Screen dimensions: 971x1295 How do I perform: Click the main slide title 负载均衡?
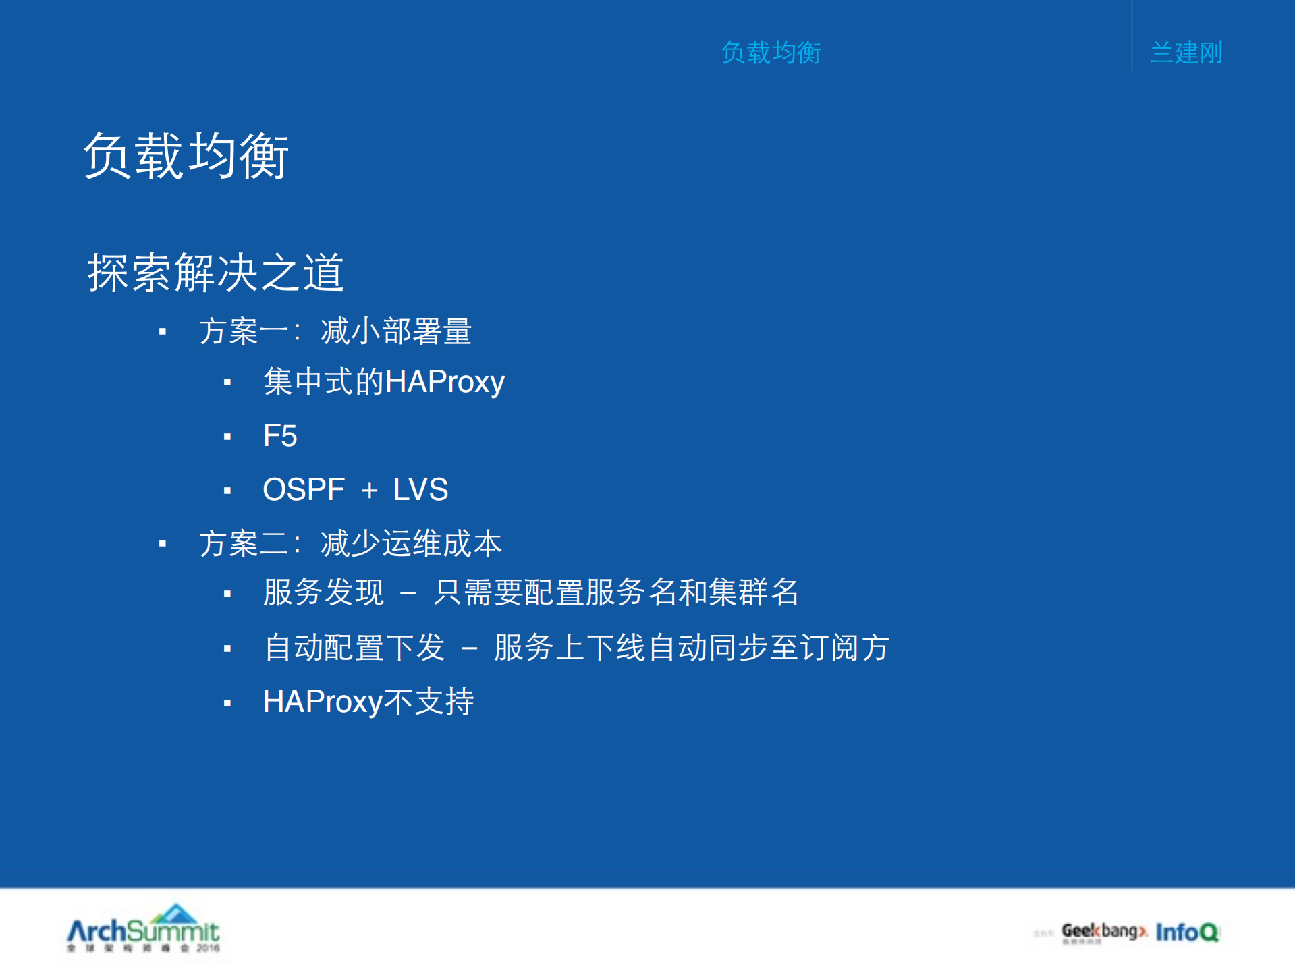tap(186, 156)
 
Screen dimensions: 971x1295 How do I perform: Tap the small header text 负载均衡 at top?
tap(771, 53)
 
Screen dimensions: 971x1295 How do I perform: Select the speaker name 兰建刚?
tap(1186, 53)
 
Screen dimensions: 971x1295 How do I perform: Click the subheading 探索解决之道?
tap(216, 273)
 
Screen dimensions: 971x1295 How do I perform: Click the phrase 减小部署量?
tap(395, 331)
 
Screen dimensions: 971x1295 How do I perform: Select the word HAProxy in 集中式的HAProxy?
tap(445, 382)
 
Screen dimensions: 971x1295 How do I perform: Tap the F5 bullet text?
tap(279, 436)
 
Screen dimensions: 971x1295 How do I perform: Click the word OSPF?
tap(303, 490)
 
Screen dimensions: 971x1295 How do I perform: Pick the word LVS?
tap(420, 490)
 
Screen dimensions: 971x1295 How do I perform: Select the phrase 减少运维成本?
tap(411, 543)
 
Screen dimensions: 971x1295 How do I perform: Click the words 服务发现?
tap(323, 592)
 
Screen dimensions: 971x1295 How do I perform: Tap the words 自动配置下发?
tap(354, 648)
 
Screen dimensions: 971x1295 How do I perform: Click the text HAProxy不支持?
tap(368, 702)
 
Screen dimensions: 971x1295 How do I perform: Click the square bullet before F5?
tap(227, 437)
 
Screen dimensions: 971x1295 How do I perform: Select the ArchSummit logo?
tap(144, 928)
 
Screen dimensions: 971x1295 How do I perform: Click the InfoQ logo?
tap(1187, 932)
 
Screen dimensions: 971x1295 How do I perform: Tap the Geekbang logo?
tap(1103, 932)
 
